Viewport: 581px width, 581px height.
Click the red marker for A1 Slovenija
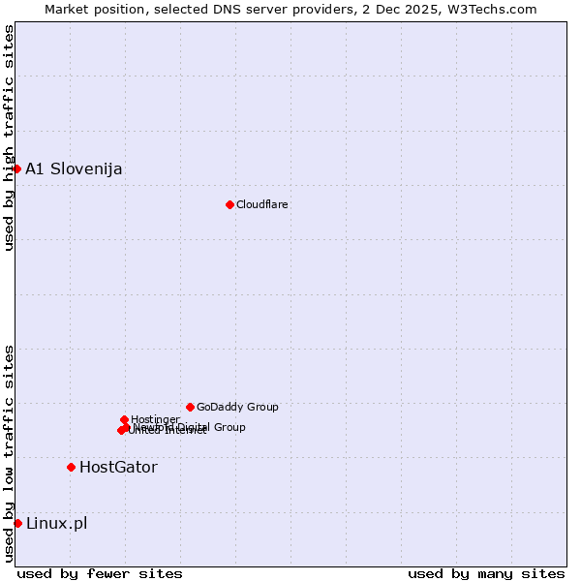[16, 168]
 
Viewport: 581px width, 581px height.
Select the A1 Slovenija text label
[74, 169]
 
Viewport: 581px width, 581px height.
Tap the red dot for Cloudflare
[229, 204]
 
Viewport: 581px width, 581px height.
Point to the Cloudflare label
[261, 204]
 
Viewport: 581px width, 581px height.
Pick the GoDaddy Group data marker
[190, 407]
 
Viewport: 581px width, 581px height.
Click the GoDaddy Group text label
[236, 407]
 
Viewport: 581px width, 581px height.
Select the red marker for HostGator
[71, 467]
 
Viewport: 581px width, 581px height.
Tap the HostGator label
[118, 468]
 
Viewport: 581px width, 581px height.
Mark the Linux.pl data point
[17, 523]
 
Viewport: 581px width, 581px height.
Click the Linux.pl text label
[56, 524]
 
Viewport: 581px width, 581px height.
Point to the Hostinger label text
[155, 419]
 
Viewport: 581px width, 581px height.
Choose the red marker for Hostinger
[124, 419]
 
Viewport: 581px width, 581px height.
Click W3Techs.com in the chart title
[492, 9]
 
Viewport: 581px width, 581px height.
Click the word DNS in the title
[229, 9]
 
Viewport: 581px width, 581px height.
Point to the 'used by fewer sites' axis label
[100, 573]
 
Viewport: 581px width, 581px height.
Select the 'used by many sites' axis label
[486, 573]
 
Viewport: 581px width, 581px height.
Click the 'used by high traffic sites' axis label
[9, 138]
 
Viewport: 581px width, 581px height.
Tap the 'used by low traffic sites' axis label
[9, 452]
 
